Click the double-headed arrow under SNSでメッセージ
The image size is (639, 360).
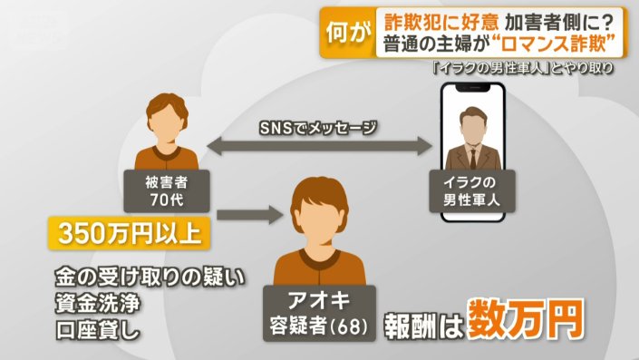[x=316, y=143]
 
